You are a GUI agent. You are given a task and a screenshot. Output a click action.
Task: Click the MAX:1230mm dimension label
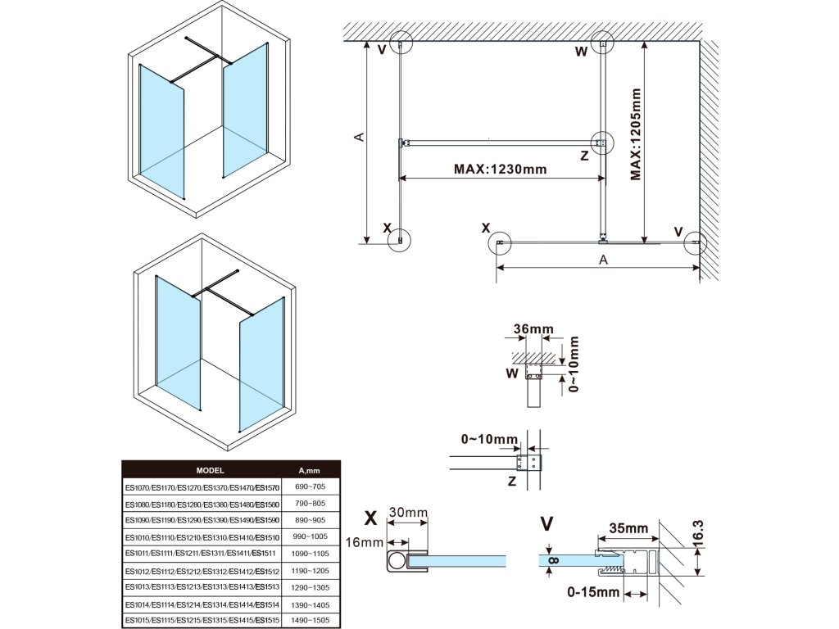click(500, 170)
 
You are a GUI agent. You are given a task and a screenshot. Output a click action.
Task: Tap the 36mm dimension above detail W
click(533, 329)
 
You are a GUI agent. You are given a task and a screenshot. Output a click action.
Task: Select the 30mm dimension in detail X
click(408, 514)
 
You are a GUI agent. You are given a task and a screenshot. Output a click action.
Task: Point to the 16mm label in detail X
click(365, 542)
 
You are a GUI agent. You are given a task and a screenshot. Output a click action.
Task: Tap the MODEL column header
click(211, 471)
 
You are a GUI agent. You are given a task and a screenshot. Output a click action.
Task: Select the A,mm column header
click(309, 471)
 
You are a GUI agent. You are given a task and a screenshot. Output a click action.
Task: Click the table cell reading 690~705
click(309, 487)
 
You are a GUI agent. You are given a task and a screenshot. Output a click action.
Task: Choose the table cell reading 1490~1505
click(309, 620)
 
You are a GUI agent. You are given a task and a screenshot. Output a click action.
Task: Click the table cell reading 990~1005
click(309, 536)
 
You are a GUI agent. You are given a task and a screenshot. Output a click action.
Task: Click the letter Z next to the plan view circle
click(584, 155)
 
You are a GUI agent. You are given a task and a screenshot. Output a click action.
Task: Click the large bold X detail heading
click(370, 518)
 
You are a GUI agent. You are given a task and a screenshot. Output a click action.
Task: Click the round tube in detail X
click(397, 561)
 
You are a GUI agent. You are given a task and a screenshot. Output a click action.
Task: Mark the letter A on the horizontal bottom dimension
click(603, 260)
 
